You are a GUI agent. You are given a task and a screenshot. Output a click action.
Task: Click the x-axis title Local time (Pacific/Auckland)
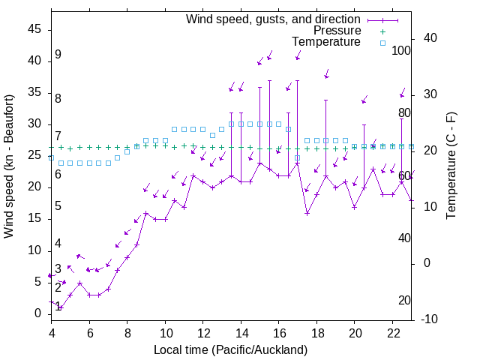click(x=230, y=349)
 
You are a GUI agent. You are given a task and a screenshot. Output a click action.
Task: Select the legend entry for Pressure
click(x=337, y=31)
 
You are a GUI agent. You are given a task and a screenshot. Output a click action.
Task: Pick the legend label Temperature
click(x=326, y=42)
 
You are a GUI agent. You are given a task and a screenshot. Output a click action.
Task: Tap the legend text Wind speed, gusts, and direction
click(x=273, y=19)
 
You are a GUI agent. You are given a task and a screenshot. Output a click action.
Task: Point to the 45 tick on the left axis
click(x=35, y=29)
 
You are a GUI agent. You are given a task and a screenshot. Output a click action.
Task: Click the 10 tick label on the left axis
click(x=35, y=250)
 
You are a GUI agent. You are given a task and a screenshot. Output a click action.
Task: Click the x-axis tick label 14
click(x=241, y=332)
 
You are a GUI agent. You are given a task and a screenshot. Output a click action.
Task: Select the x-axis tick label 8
click(x=127, y=332)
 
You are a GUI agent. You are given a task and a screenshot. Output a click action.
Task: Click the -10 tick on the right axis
click(x=430, y=319)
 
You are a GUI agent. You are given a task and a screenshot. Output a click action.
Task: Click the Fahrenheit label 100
click(x=402, y=51)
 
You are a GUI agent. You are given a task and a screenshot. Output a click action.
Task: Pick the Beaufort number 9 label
click(x=58, y=55)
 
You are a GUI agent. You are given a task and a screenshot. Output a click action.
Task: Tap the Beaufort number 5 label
click(x=58, y=206)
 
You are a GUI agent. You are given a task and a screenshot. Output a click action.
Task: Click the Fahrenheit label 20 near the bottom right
click(x=404, y=301)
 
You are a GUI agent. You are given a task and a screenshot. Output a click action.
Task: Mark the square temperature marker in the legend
click(x=382, y=42)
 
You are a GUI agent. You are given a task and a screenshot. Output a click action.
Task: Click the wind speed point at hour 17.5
click(x=307, y=213)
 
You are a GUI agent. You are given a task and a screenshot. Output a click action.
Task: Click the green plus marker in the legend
click(x=382, y=31)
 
